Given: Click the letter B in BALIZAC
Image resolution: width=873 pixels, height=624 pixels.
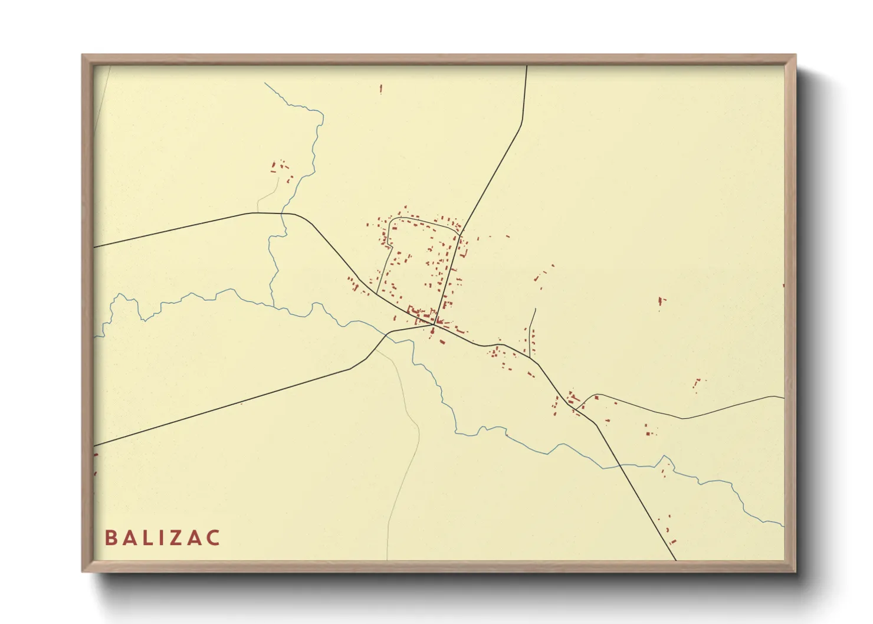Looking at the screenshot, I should tap(110, 538).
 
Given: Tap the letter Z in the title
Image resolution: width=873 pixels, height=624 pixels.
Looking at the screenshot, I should tap(177, 538).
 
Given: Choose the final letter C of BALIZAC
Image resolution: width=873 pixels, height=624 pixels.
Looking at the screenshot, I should tap(213, 538).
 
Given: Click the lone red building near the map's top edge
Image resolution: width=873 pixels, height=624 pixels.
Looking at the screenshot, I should tap(380, 89).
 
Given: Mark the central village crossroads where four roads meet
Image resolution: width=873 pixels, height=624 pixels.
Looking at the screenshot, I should tap(435, 324).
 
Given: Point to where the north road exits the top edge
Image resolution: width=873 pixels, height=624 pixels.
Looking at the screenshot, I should tap(526, 67).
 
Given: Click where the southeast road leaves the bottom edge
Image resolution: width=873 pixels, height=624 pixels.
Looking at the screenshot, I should tap(675, 559).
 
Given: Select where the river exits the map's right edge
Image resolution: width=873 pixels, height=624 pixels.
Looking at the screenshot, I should tap(783, 524).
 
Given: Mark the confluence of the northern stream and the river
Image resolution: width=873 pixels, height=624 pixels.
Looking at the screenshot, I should tap(273, 306).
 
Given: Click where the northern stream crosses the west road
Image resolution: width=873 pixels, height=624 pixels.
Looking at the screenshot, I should tap(283, 214).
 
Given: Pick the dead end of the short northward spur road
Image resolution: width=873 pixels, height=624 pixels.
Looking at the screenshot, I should tap(534, 309).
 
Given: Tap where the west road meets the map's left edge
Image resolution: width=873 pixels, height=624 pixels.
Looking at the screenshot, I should tap(94, 247).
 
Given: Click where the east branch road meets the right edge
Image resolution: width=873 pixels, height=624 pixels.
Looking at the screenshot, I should tap(784, 398).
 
